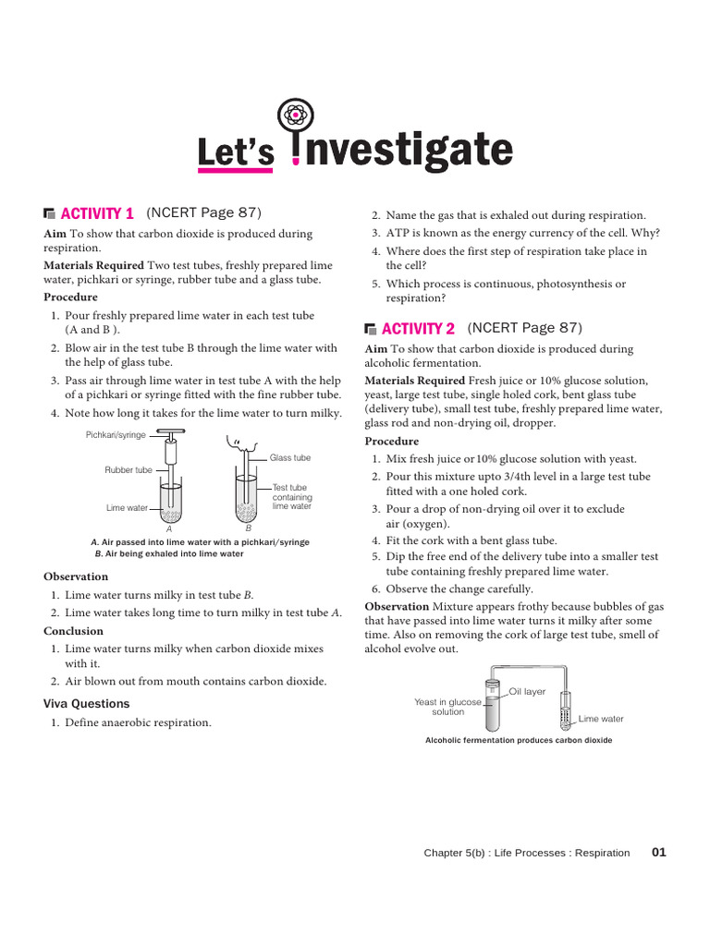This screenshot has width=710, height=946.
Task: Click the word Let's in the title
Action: [x=236, y=154]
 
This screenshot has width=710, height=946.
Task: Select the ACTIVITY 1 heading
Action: [x=97, y=213]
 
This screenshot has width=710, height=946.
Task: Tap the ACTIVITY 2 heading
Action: [x=418, y=329]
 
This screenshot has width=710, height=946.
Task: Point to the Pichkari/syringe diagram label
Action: [x=116, y=434]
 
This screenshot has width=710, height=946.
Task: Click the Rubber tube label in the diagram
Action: [x=129, y=470]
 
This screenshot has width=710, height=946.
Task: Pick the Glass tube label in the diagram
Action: [x=290, y=457]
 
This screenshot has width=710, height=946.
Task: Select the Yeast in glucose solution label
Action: [x=447, y=707]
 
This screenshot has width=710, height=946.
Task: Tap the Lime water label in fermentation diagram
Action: [x=601, y=719]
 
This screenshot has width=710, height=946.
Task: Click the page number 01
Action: [x=658, y=853]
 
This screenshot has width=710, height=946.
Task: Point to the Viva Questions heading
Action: [x=87, y=703]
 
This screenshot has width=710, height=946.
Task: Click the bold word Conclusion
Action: [x=73, y=631]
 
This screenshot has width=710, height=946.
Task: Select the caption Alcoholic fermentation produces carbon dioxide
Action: [x=518, y=741]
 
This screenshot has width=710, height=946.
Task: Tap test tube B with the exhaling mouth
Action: [x=245, y=499]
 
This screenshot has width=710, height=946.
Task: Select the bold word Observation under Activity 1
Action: [x=76, y=576]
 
